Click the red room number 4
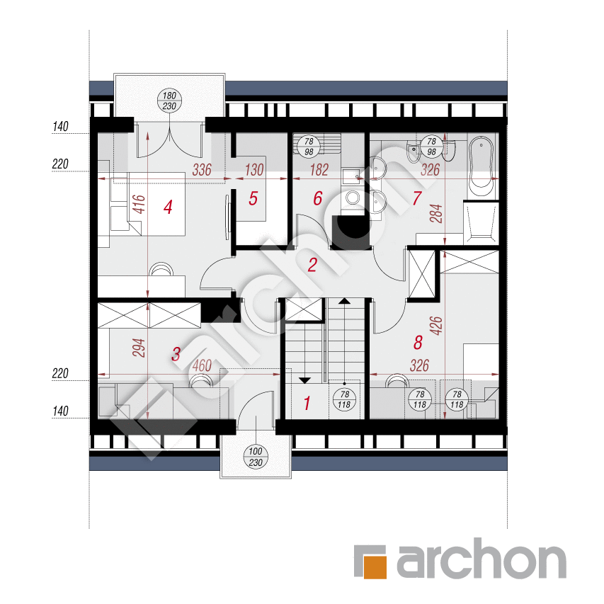coord(168,207)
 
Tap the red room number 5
coord(253,198)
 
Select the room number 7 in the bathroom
coord(417,198)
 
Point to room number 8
coord(418,343)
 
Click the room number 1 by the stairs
coord(307,404)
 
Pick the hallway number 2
coord(312,265)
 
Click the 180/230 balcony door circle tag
coord(169,101)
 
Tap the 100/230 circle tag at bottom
coord(256,457)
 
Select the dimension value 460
coord(202,365)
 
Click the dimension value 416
coord(139,204)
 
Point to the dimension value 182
coord(319,170)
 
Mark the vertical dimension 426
coord(435,326)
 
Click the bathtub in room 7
coord(481,166)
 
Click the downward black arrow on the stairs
coord(304,380)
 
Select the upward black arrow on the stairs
coord(344,301)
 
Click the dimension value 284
coord(435,214)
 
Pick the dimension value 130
coord(253,170)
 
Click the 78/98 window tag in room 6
coord(309,147)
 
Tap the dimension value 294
coord(139,348)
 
